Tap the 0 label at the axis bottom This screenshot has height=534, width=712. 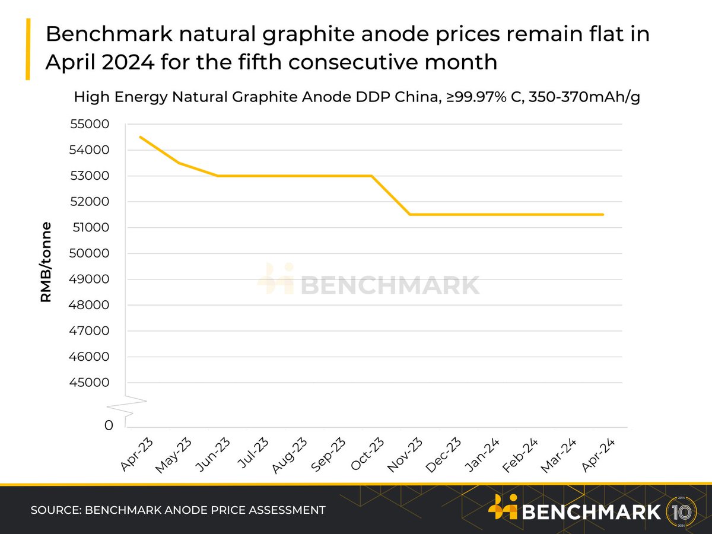point(109,425)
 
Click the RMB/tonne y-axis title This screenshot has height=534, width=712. point(46,262)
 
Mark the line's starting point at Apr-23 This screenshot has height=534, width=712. point(140,137)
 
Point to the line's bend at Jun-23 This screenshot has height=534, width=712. point(217,176)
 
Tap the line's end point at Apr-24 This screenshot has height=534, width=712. point(603,214)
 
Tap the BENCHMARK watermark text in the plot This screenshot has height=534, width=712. point(389,285)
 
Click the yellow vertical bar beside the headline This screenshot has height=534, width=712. point(27,49)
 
